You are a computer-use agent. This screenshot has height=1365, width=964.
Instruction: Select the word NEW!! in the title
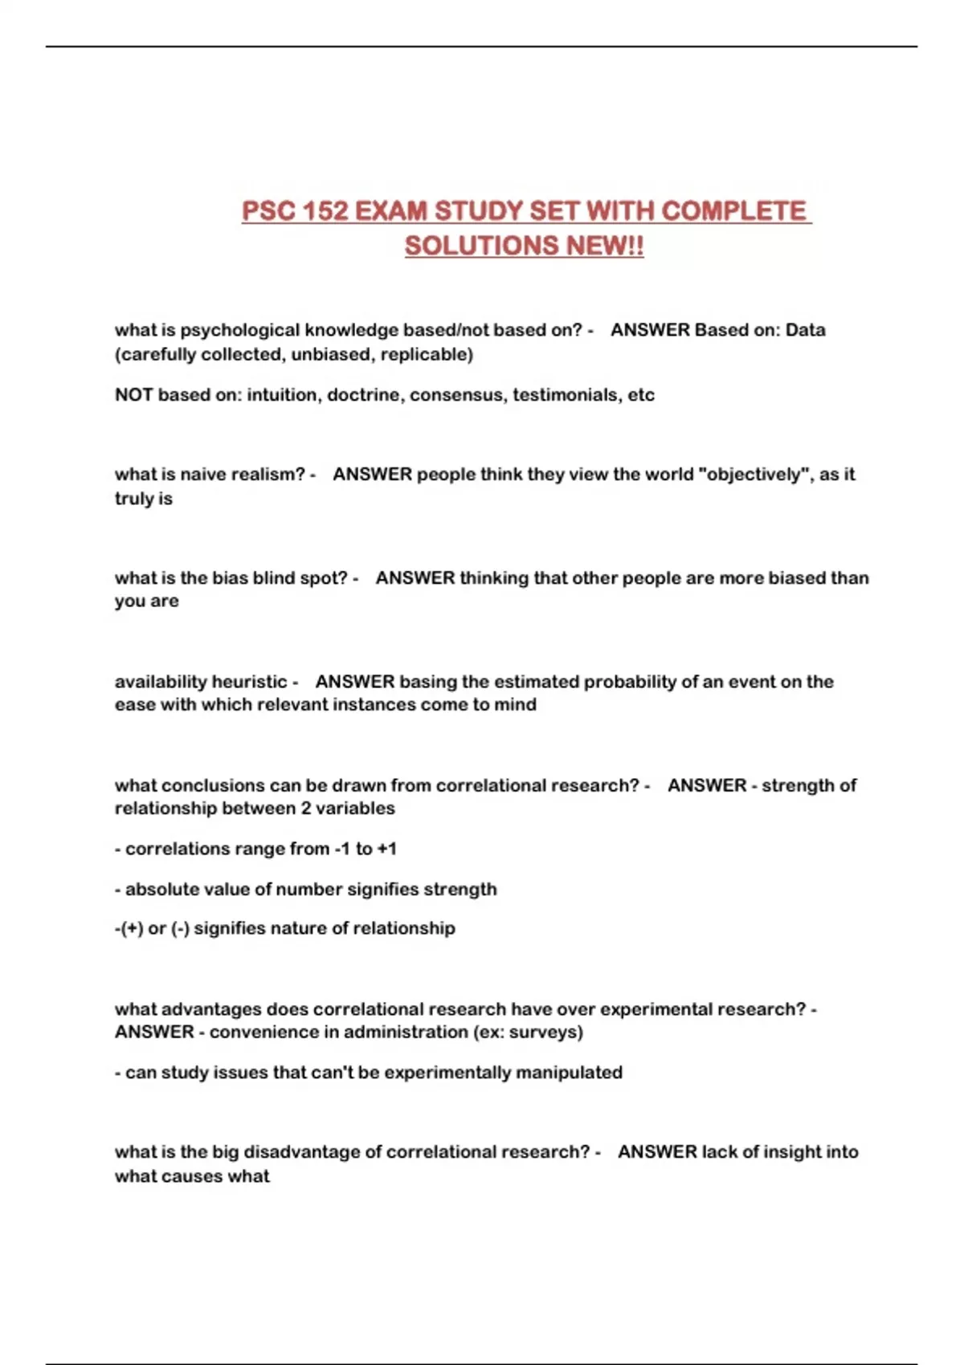coord(605,246)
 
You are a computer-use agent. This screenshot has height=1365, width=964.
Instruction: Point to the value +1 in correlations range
coord(386,849)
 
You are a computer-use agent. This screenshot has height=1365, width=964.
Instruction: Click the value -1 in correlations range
coord(342,849)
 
